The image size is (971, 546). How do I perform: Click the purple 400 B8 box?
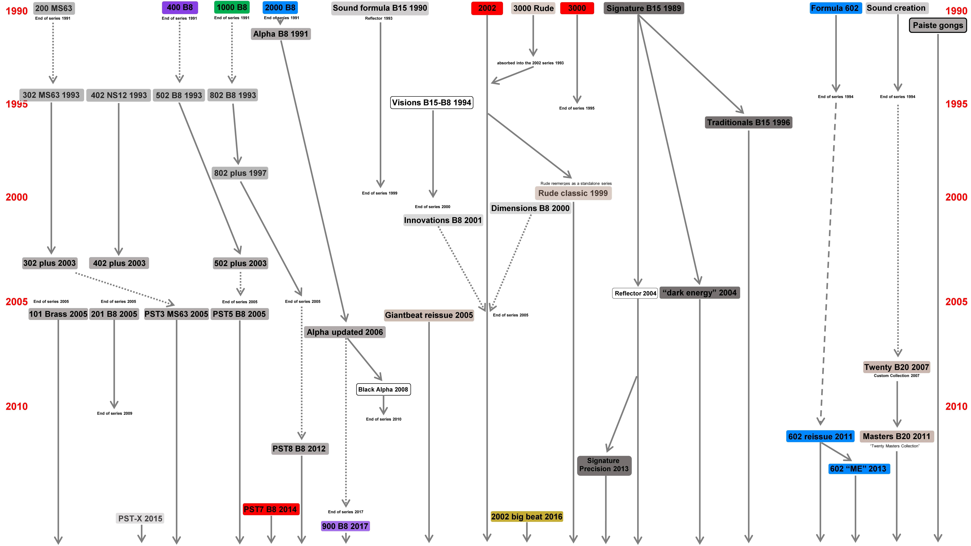click(180, 8)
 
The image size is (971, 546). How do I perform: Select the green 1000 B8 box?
click(232, 7)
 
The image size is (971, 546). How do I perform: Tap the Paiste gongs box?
click(938, 25)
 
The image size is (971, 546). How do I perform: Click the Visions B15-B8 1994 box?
click(432, 103)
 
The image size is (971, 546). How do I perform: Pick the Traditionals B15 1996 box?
click(748, 122)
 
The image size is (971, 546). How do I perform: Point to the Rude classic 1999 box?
click(573, 193)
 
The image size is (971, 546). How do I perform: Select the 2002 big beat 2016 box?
click(527, 517)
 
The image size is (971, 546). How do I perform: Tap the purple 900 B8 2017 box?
click(345, 526)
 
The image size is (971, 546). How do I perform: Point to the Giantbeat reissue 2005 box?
click(429, 315)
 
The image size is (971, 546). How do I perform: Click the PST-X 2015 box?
click(140, 518)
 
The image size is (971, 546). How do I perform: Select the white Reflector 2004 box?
click(635, 293)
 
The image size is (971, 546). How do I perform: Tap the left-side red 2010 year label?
click(17, 406)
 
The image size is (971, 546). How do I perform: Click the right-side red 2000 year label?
click(956, 197)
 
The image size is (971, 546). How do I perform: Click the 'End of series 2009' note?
click(115, 413)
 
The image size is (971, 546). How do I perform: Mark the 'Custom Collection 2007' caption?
click(896, 376)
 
